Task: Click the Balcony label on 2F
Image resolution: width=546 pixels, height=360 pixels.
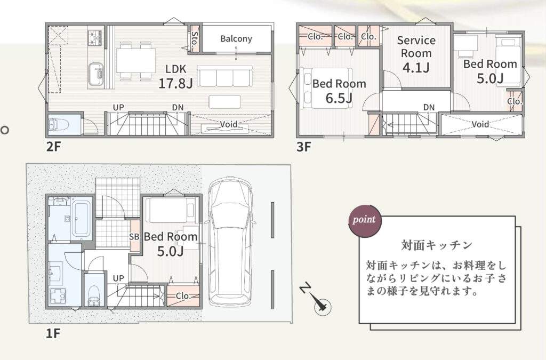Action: tap(236, 38)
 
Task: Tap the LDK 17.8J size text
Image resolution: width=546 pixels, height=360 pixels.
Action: tap(175, 83)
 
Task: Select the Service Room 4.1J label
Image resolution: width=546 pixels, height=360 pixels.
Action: tap(416, 54)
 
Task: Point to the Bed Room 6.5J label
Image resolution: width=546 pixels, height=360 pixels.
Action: tap(339, 91)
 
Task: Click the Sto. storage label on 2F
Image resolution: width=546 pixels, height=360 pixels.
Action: tap(195, 38)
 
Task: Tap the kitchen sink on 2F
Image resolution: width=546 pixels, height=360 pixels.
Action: tap(96, 74)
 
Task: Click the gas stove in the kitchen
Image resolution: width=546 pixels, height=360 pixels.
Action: tap(96, 38)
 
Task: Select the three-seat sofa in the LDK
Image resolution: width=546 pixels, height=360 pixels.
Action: tap(224, 76)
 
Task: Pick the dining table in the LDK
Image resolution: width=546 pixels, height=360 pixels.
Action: tap(136, 60)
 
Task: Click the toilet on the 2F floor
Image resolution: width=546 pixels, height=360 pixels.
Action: tap(54, 125)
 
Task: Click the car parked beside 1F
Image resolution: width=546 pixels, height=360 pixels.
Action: tap(230, 241)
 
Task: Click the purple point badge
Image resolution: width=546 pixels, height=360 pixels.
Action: tap(365, 220)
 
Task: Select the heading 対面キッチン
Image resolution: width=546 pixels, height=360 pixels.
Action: tap(437, 245)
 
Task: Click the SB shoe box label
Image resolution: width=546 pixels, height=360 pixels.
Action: tap(134, 237)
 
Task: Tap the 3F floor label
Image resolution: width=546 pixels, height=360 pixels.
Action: tap(303, 147)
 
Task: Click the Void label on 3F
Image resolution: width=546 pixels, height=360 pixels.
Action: tap(480, 124)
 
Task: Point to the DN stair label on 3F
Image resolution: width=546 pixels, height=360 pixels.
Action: tap(429, 107)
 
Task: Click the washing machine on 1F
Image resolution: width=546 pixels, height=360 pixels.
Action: tap(59, 297)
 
